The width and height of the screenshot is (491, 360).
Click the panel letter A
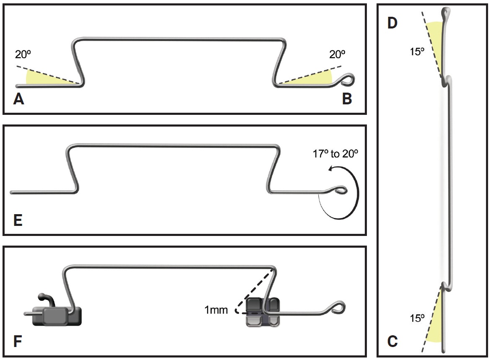(18, 99)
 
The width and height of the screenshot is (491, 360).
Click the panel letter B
(347, 99)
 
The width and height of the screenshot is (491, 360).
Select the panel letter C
(392, 342)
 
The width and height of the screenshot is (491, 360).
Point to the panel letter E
(18, 220)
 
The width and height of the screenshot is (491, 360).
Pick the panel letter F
(18, 342)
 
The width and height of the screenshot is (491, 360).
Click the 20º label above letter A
(22, 54)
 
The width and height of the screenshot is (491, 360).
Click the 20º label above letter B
(338, 54)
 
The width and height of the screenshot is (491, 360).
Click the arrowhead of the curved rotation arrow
(330, 168)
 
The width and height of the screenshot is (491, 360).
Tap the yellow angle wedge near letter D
(436, 46)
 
